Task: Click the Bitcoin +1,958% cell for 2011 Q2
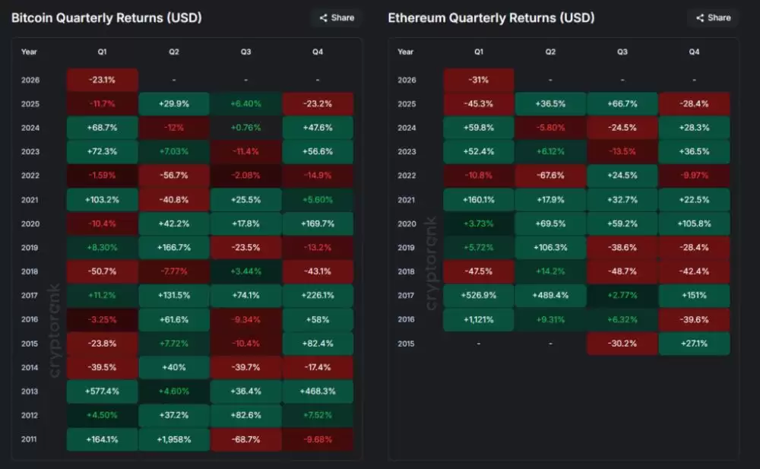point(174,439)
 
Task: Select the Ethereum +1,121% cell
point(479,319)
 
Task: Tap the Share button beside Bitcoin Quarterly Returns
point(336,17)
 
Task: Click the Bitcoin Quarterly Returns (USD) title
point(106,17)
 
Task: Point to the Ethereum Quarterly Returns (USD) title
point(491,17)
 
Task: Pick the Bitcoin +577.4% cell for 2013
point(103,391)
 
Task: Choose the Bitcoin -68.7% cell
point(246,439)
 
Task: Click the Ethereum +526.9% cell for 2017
point(479,296)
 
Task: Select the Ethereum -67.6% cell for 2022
point(550,176)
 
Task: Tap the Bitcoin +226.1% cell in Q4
point(318,296)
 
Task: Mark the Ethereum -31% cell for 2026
point(479,80)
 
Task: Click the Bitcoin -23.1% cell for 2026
point(103,80)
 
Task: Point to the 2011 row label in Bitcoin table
point(29,439)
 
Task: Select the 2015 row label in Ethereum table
point(406,344)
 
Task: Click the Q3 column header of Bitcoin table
point(246,52)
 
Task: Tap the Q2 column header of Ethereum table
point(550,52)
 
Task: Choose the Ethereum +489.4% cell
point(550,296)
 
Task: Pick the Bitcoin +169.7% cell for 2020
point(318,223)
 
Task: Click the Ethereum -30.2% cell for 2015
point(622,344)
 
